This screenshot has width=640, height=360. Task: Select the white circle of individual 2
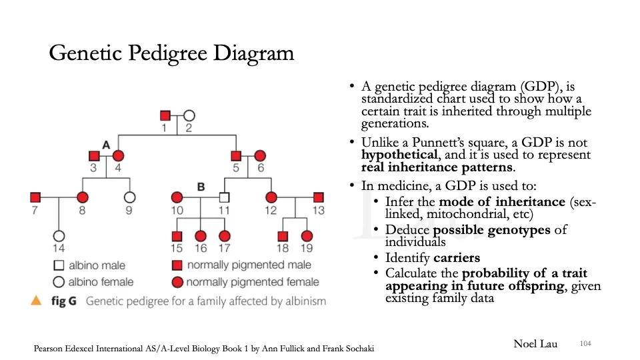pos(189,115)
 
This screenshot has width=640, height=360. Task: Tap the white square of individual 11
pos(225,197)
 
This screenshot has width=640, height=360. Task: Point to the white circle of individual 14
pos(59,235)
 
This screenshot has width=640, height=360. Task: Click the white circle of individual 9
pos(129,197)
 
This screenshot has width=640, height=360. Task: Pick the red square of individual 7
pos(35,197)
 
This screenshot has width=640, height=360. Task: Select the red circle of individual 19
pos(307,235)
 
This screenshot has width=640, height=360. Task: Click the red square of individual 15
pos(177,235)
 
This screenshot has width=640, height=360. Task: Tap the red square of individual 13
pos(319,197)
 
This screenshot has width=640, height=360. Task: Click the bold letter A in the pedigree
pos(105,145)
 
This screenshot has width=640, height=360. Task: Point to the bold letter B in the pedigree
pos(201,187)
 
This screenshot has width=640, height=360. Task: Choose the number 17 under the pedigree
pos(225,249)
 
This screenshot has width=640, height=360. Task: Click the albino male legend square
pos(59,266)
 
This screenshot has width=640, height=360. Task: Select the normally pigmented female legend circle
pos(177,282)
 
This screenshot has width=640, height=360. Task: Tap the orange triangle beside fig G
pos(37,300)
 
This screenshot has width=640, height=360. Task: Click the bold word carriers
pos(457,258)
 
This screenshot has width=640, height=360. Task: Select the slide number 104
pos(586,343)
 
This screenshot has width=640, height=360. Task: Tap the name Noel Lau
pos(535,344)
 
